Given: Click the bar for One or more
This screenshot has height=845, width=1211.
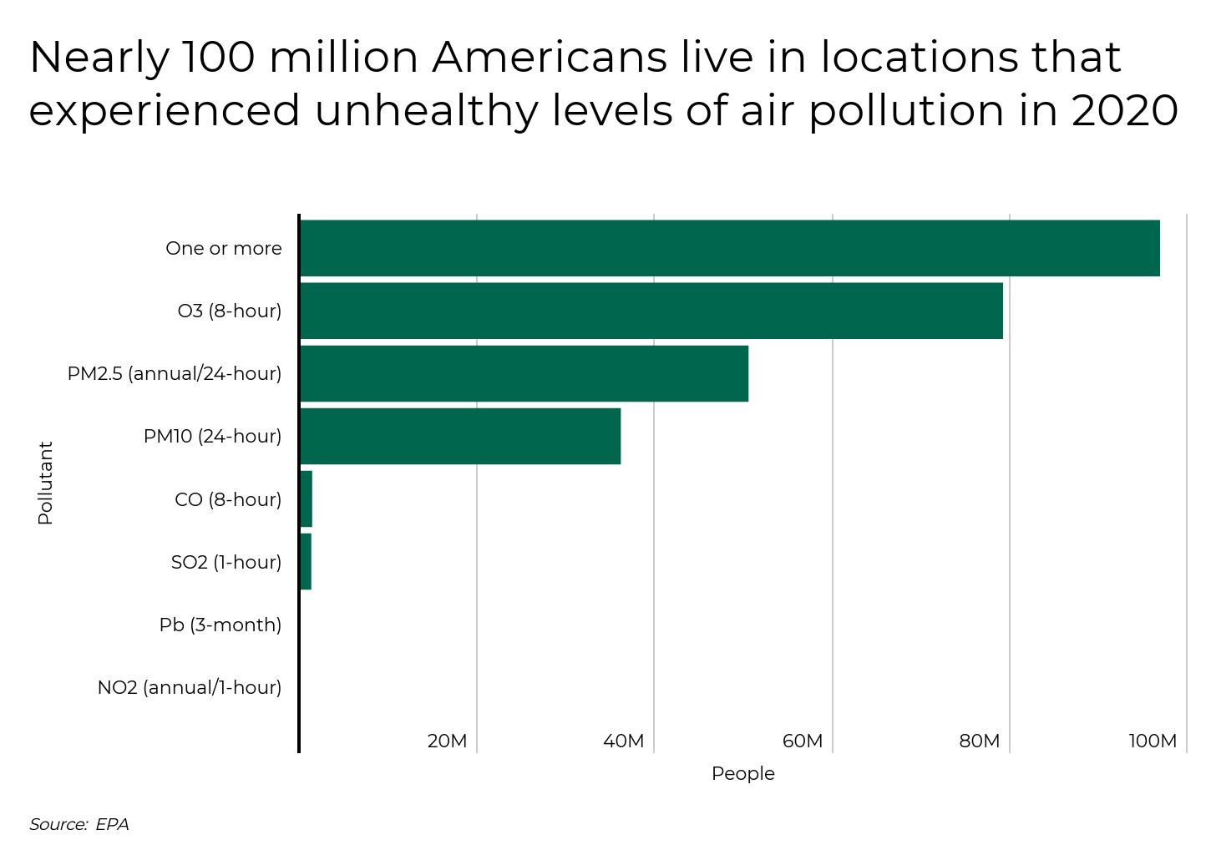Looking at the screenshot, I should (x=730, y=248).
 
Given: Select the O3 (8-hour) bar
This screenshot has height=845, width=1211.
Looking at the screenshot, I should (x=651, y=311).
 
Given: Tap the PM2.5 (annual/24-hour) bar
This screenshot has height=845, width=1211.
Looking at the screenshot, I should (x=524, y=373).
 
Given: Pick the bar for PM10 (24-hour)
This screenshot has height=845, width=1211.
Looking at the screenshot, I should (x=460, y=436).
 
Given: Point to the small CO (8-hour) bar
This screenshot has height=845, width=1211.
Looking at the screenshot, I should (x=307, y=499).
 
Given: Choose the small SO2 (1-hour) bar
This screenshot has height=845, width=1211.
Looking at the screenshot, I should (x=306, y=562).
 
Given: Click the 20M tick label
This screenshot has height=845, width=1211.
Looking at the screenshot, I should (x=447, y=741).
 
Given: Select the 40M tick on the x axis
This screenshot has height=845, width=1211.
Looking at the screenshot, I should (x=624, y=741).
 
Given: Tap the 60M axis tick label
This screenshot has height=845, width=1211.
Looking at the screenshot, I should (x=803, y=741).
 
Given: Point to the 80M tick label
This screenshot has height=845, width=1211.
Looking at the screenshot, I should (x=980, y=741).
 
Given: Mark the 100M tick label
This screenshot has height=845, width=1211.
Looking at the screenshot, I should (x=1153, y=741).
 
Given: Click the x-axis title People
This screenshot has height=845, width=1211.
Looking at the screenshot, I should (x=742, y=774).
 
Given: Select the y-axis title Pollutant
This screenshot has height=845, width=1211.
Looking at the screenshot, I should (x=45, y=483).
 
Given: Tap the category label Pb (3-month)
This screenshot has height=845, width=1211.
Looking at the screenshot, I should (x=220, y=625).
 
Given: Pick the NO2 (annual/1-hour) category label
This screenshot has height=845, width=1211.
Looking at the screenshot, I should (x=190, y=687).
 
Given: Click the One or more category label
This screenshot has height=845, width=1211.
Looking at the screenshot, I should (x=224, y=248).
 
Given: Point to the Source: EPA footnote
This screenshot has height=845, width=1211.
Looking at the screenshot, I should (x=79, y=824).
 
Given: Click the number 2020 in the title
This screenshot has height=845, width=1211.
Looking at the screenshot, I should (x=1125, y=111).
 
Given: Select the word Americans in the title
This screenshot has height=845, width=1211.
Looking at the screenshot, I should (x=549, y=57).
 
